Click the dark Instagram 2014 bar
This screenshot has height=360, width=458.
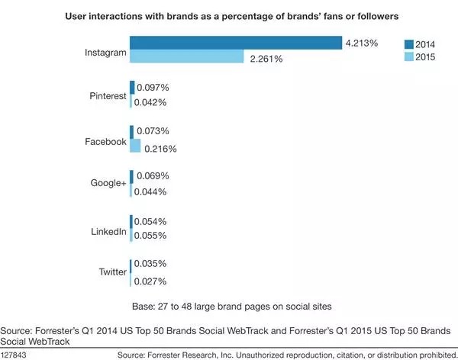click(235, 43)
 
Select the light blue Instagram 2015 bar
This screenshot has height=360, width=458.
click(186, 57)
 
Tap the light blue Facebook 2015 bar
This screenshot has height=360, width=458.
click(136, 146)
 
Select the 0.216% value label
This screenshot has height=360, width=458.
click(160, 147)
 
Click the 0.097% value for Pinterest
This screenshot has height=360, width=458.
click(153, 88)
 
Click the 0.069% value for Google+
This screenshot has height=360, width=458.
click(152, 176)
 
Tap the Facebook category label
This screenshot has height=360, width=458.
click(106, 141)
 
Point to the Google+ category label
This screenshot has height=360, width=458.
click(108, 185)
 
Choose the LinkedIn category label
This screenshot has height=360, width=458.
click(108, 230)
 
